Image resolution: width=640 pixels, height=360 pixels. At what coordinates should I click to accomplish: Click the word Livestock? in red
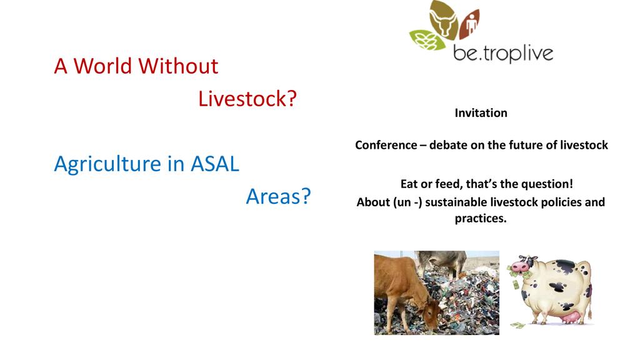[x=247, y=99]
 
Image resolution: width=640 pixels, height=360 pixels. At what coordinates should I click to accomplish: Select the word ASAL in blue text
[x=215, y=164]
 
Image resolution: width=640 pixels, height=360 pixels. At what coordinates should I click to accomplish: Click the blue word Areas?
[x=278, y=196]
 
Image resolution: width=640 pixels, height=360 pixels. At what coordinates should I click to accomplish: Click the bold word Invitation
[x=481, y=113]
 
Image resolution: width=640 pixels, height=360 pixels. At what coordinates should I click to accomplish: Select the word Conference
[x=386, y=145]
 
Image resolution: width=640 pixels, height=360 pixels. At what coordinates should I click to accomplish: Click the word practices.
[x=481, y=219]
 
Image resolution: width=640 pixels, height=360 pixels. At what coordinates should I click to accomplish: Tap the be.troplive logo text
[x=503, y=53]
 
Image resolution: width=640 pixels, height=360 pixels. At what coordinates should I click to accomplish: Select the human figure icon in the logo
[x=471, y=22]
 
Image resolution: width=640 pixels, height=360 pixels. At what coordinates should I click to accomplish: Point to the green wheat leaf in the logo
[x=426, y=40]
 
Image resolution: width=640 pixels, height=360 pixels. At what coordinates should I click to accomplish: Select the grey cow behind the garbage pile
[x=442, y=262]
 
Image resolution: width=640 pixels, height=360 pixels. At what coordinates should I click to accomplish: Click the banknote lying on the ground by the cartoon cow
[x=517, y=325]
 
